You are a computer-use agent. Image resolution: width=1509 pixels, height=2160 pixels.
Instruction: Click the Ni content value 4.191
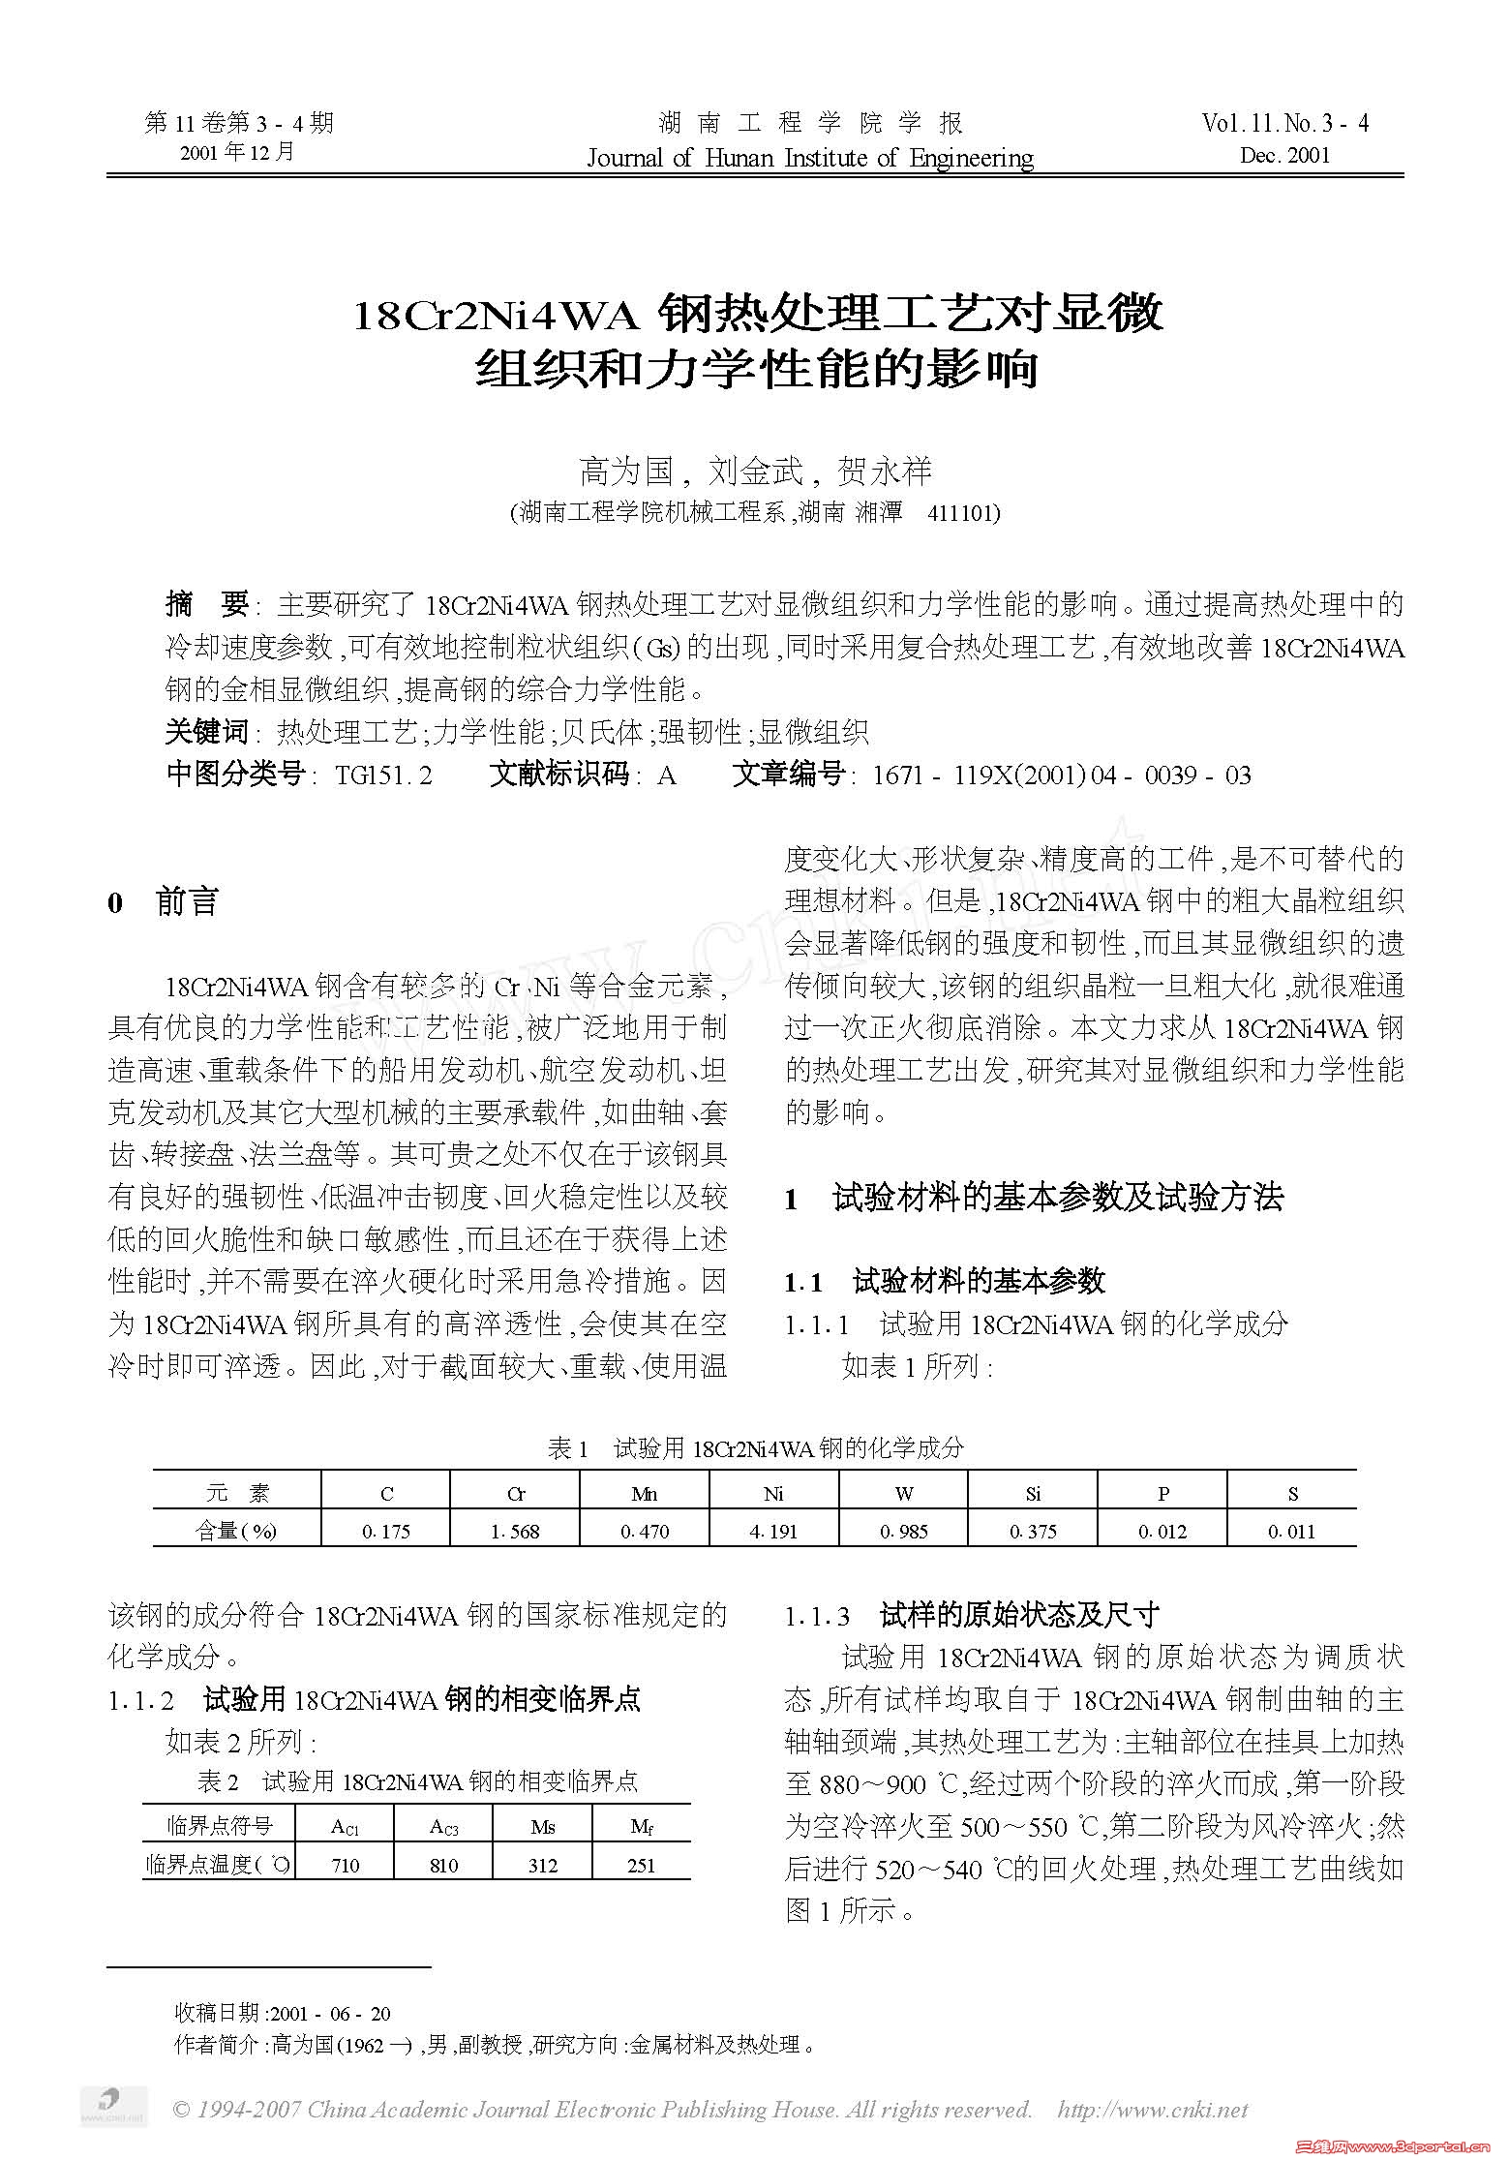773,1531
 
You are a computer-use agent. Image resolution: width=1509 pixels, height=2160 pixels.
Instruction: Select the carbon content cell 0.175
386,1531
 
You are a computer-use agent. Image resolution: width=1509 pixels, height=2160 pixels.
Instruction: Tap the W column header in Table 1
903,1493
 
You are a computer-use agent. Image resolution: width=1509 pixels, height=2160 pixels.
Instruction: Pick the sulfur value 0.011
1291,1531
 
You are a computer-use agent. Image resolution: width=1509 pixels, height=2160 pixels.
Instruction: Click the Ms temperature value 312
543,1865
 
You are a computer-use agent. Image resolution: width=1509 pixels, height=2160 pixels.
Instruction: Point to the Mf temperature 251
641,1865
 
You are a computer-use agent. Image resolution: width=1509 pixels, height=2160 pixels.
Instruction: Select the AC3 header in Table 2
444,1826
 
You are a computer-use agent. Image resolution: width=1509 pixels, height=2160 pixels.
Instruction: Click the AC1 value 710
346,1865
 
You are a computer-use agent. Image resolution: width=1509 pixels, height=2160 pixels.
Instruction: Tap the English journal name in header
810,158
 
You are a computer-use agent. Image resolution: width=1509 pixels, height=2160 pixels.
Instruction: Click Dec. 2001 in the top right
1284,155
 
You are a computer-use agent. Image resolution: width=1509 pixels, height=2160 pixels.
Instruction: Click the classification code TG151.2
383,776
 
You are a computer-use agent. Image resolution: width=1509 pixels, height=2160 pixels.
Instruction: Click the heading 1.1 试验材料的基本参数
945,1282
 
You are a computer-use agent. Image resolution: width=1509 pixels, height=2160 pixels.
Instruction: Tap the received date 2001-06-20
330,2014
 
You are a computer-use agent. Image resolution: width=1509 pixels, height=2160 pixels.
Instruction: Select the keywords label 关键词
205,733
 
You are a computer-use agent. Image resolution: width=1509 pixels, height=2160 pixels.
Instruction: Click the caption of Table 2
417,1781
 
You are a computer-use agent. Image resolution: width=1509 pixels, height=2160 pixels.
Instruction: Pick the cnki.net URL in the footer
1152,2110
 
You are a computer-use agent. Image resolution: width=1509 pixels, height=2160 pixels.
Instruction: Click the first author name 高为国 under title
625,472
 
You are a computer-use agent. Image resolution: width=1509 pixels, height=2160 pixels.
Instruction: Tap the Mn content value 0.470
645,1531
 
